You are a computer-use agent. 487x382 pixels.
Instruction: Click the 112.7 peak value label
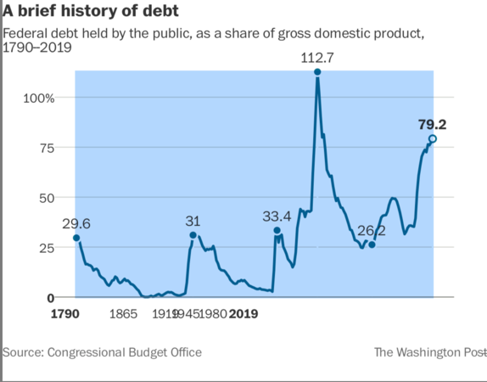317,57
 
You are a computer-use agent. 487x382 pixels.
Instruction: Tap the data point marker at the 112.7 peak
317,72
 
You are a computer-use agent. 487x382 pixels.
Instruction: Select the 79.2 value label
432,124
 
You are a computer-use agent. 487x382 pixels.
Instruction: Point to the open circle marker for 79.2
433,138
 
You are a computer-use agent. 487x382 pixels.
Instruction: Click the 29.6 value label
76,222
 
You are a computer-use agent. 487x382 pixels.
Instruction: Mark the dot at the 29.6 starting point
76,239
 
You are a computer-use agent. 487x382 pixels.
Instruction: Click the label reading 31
193,221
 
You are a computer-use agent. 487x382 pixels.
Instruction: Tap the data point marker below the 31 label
193,235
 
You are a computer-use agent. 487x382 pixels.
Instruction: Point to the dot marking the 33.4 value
277,231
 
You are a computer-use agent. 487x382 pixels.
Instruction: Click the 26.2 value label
370,231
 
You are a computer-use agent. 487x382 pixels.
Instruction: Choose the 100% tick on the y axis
38,98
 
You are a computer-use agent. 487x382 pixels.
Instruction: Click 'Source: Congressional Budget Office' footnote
102,351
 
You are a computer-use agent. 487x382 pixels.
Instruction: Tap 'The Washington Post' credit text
429,351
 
